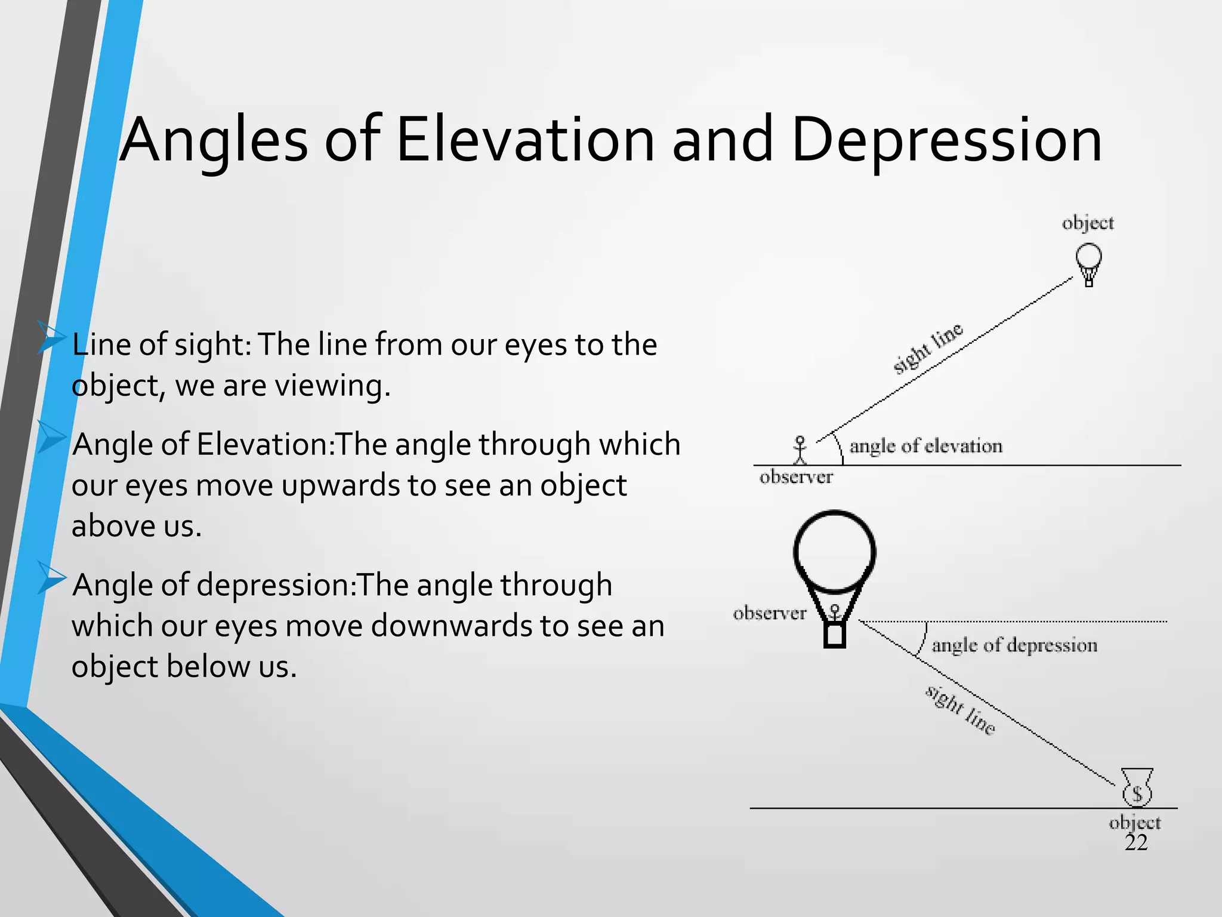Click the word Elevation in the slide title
point(525,140)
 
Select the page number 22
point(1136,842)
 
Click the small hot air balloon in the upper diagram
point(1088,263)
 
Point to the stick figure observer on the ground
point(800,450)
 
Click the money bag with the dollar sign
point(1137,788)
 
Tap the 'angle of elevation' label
point(925,446)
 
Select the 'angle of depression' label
point(1014,645)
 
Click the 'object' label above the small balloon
point(1088,223)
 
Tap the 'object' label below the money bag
point(1135,823)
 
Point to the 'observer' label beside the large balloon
point(770,613)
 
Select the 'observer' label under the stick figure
point(796,477)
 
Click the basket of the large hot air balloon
point(835,635)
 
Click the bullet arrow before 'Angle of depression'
point(51,577)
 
